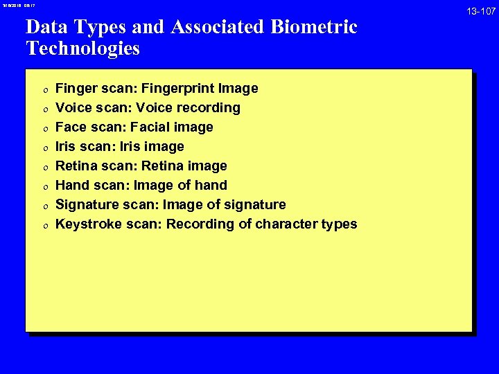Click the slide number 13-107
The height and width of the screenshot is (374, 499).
point(482,12)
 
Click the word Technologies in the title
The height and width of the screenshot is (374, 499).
point(82,49)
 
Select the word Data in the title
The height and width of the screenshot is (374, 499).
point(45,28)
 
